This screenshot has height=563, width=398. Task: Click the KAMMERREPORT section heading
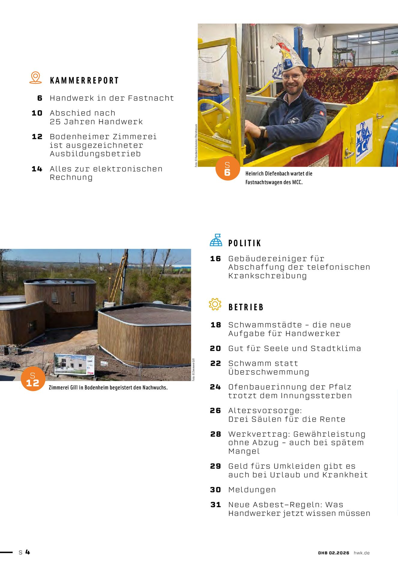(84, 80)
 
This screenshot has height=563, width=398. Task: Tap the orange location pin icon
(35, 77)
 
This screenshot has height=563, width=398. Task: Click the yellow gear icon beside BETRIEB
(215, 304)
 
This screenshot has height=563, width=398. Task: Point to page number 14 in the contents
(37, 169)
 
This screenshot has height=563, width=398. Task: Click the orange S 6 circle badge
(228, 168)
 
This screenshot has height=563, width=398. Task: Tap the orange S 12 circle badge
(33, 379)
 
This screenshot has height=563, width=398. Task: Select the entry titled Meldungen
(252, 490)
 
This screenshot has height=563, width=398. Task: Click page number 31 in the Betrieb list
(216, 505)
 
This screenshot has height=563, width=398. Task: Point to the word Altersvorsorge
(265, 410)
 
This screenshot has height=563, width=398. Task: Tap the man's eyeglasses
(292, 77)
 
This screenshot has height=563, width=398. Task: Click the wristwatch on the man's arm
(263, 132)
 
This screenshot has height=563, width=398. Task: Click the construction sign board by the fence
(74, 364)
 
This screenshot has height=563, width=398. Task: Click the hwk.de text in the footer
(361, 553)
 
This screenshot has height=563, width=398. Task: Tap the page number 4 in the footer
(28, 552)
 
